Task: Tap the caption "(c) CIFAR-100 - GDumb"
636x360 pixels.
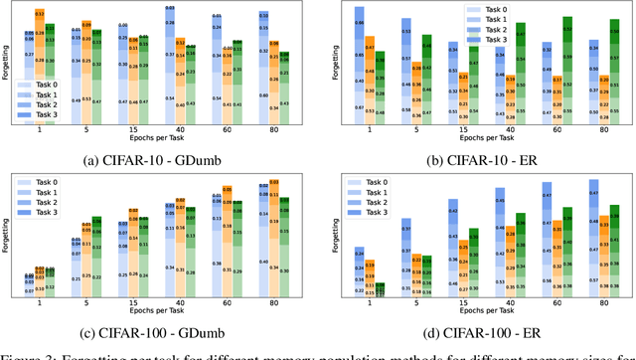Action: click(159, 328)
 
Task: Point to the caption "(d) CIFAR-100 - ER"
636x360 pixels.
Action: click(477, 328)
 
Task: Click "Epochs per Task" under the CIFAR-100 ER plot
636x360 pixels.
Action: click(481, 312)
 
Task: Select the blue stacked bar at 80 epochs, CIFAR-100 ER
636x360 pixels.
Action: click(594, 238)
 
